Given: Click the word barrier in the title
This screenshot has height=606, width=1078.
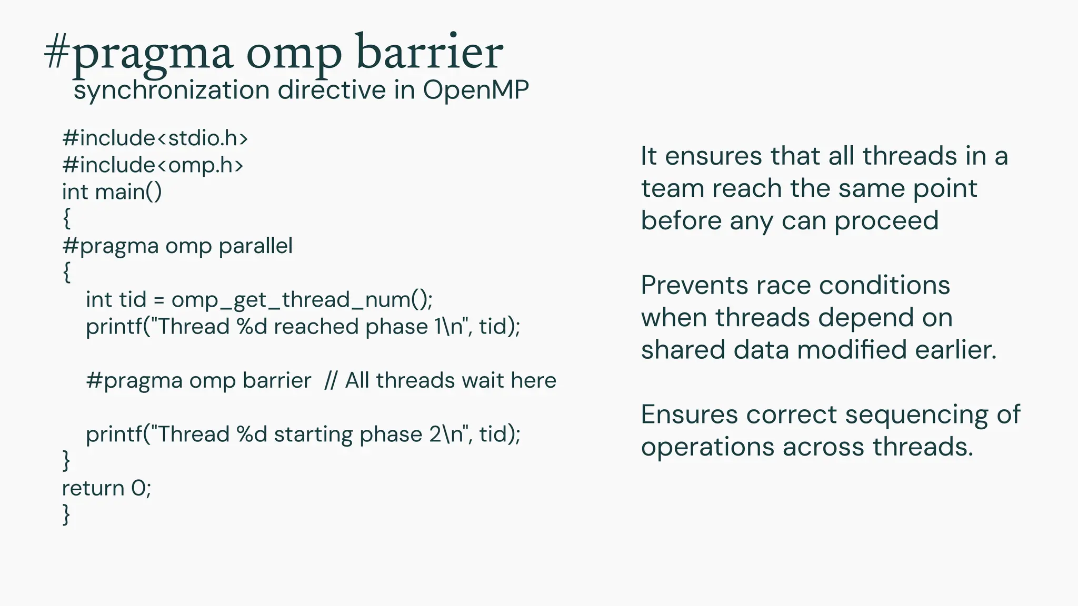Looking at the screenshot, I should pos(429,53).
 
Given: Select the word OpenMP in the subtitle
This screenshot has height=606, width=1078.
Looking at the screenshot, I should pos(475,90).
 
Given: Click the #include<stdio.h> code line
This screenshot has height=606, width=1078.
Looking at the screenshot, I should pos(155,138).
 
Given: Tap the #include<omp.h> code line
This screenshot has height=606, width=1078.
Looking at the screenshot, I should pos(153,165).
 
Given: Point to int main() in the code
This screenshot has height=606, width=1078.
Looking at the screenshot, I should pos(112,192).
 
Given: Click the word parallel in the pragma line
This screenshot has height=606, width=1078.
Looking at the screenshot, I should pos(255,246).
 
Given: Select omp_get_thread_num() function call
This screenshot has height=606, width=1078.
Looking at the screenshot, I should pos(301,300).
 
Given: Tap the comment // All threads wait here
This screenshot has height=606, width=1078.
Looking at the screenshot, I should pos(440,380).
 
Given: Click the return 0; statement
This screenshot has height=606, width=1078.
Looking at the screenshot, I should pos(106,488).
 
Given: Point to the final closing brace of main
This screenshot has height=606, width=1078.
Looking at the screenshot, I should pos(66,514).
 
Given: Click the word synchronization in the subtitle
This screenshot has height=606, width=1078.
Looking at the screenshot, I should pos(172,90).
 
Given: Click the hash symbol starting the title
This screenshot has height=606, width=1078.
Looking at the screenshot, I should pos(56,53).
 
